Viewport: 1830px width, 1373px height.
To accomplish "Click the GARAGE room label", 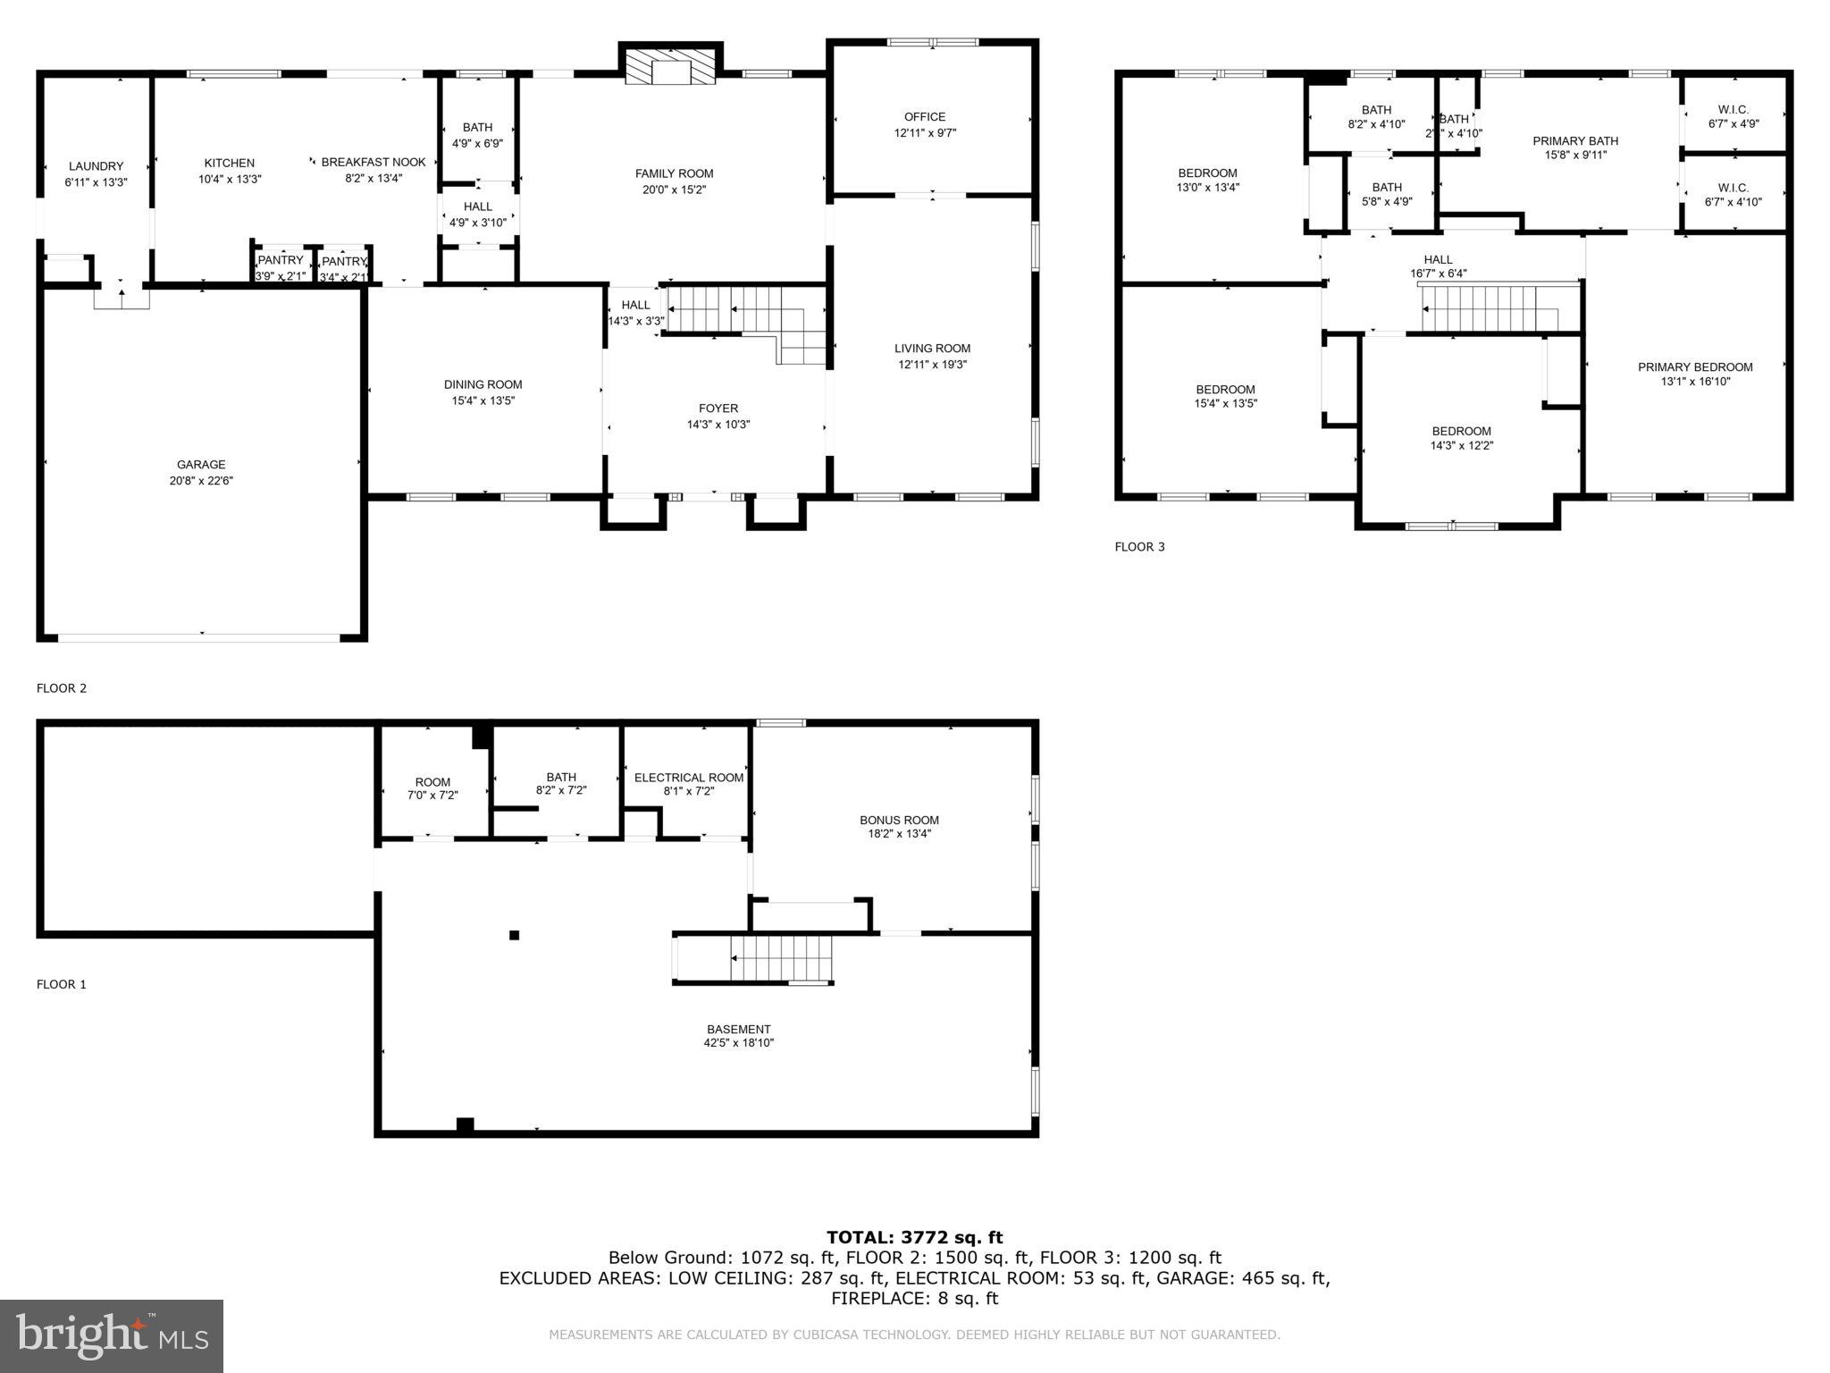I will pos(201,465).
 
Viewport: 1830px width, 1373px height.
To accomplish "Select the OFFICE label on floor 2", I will pos(924,117).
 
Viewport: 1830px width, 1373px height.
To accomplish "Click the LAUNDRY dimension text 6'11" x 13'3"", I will pos(96,182).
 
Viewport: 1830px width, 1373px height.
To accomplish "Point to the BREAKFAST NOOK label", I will pos(374,163).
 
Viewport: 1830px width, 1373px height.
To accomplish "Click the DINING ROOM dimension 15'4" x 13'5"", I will pos(483,401).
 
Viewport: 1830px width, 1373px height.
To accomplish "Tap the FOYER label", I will pos(718,409).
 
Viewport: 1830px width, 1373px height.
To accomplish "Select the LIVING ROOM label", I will pos(932,349).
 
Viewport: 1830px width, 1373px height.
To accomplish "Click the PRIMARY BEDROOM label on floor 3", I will pos(1694,367).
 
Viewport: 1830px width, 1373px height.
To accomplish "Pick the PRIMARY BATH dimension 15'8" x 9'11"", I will pos(1574,156).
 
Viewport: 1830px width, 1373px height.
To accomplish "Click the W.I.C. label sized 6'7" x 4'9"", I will pos(1733,110).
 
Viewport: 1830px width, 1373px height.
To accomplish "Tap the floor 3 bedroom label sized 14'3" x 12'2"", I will pos(1461,432).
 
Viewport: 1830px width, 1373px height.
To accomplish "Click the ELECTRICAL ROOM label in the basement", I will pos(688,778).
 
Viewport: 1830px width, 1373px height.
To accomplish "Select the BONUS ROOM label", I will pos(899,821).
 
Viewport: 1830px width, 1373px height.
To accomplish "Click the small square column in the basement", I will pos(514,935).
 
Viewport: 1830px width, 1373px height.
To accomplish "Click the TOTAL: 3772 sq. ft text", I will pos(914,1238).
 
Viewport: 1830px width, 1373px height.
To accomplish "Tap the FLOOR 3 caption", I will pos(1139,547).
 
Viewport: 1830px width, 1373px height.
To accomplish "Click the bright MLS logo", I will pos(112,1335).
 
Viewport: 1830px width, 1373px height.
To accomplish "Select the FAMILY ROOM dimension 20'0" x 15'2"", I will pos(674,190).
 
